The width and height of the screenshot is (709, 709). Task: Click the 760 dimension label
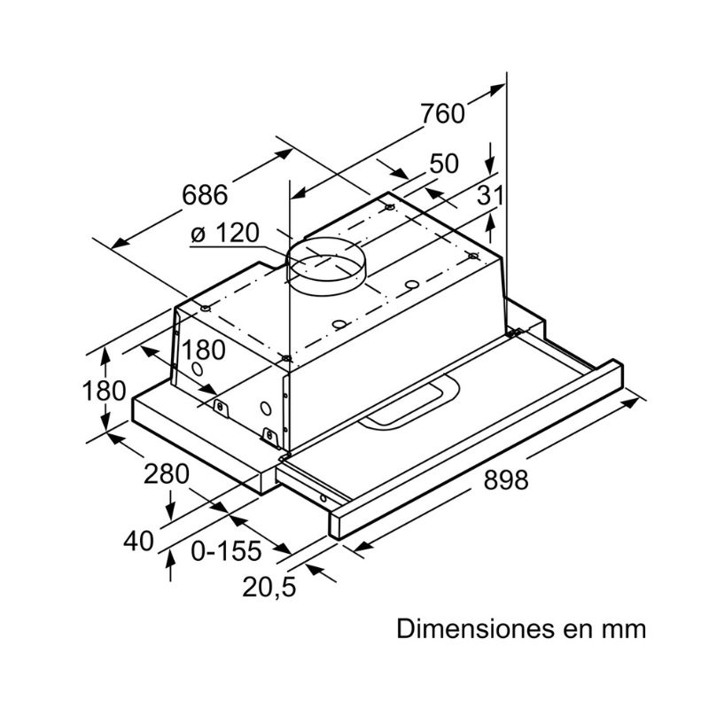pos(442,113)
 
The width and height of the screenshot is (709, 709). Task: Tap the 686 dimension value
pos(205,195)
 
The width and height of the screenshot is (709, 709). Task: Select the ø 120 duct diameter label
pos(225,233)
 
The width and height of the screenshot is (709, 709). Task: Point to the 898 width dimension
pos(506,479)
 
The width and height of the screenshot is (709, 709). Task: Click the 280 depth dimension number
pos(166,474)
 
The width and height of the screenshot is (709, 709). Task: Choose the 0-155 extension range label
pos(227,550)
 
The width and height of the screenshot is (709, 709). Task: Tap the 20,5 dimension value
pos(269,588)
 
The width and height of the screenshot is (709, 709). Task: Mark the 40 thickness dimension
pos(139,541)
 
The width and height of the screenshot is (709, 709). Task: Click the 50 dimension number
pos(444,163)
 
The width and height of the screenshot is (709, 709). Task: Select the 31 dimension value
pos(491,195)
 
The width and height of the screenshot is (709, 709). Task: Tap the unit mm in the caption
pos(625,631)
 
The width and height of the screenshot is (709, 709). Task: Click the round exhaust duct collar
pos(325,266)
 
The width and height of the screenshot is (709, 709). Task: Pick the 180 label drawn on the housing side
pos(204,349)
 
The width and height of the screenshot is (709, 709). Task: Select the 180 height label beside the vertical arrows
pos(104,391)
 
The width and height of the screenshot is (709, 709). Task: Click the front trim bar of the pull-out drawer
pos(477,449)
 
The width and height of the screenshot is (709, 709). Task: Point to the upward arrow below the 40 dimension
pos(170,565)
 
